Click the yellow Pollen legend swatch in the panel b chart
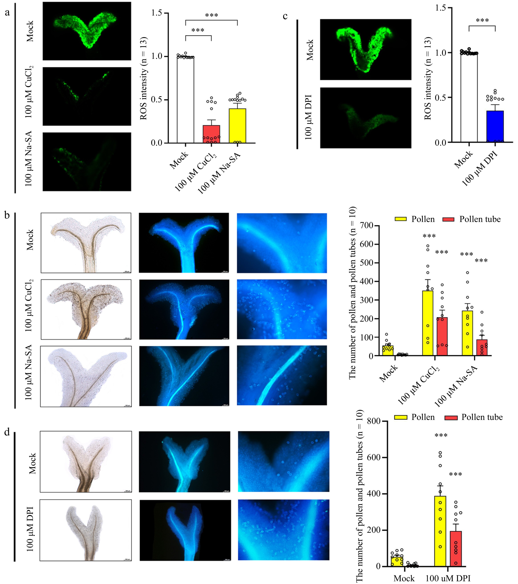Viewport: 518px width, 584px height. tap(401, 219)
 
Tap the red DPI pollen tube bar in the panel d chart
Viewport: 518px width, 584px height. tap(456, 549)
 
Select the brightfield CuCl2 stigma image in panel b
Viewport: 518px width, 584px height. tap(86, 309)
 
